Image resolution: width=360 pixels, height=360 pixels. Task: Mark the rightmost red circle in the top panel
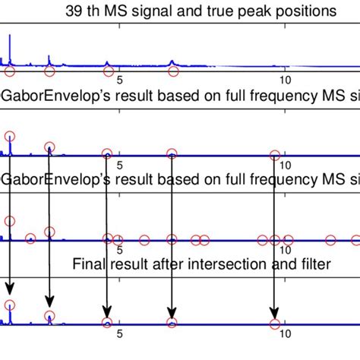pos(172,72)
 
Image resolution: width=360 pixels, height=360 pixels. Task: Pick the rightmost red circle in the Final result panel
pos(273,323)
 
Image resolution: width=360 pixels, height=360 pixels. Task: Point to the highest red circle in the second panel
pos(9,136)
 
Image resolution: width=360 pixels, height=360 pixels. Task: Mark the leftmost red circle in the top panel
pos(9,72)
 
